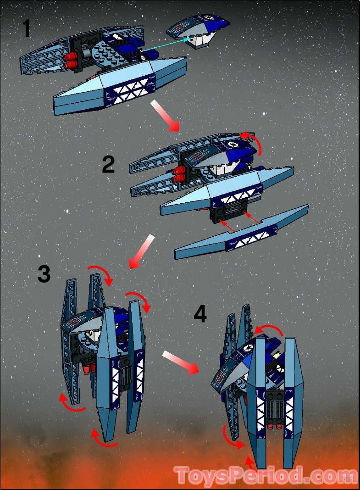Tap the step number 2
coord(108,165)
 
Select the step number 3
coord(44,274)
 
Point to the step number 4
coord(200,315)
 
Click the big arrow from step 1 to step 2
coord(166,115)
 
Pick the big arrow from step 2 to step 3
coord(141,251)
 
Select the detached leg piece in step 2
coord(242,234)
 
